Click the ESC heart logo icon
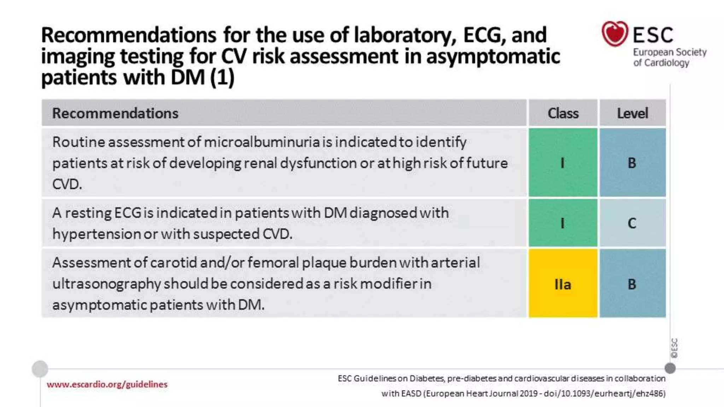[615, 34]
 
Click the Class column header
[563, 113]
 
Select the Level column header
[632, 113]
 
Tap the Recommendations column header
[115, 113]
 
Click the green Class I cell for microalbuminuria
[563, 163]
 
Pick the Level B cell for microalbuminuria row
[632, 163]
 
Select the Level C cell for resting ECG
[632, 223]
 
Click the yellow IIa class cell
[563, 284]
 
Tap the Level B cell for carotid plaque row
[632, 284]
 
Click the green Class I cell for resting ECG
[563, 223]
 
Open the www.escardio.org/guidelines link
[107, 384]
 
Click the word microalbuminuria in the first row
[262, 142]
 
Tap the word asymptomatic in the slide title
[493, 57]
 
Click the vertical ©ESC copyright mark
[675, 348]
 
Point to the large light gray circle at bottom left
[40, 369]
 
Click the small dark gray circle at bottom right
[670, 368]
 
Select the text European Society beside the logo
[670, 52]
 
